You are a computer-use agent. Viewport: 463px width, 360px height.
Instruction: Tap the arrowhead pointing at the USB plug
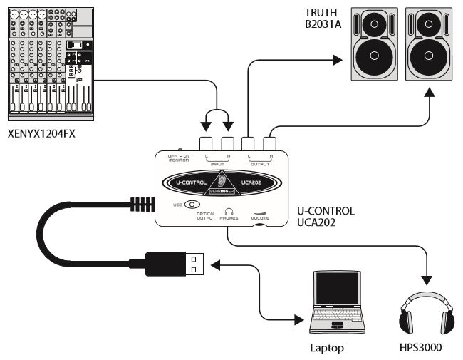click(216, 266)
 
